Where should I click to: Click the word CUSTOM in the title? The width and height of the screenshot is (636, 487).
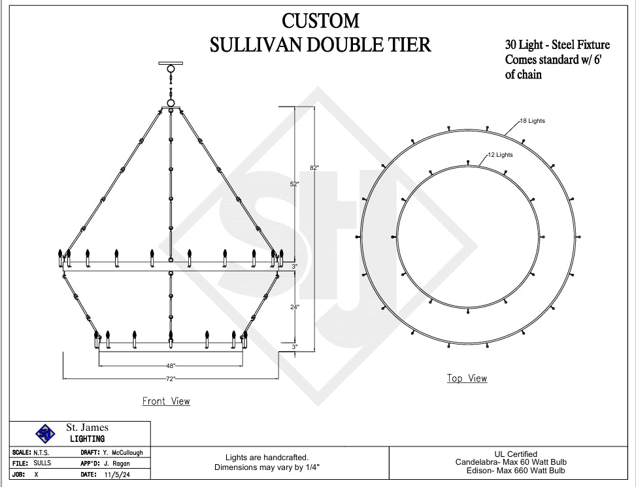pos(320,21)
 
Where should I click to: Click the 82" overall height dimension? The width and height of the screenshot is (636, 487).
pos(314,168)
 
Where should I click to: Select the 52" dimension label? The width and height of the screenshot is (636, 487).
pos(295,184)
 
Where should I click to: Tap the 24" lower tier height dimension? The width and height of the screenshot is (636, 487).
pos(294,307)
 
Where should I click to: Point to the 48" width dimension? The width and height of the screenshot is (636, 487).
pos(171,366)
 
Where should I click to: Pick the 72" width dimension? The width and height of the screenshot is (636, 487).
pos(171,378)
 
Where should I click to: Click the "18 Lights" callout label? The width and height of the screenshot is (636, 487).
pos(532,121)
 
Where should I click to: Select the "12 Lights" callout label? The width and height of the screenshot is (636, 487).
pos(500,155)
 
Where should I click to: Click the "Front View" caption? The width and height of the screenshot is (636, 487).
pos(166,401)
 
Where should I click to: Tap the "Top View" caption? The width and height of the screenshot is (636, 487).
pos(467,378)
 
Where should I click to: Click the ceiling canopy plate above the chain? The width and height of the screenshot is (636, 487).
pos(171,63)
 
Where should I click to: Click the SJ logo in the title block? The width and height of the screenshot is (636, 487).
pos(45,433)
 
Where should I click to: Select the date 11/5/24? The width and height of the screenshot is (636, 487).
pos(112,475)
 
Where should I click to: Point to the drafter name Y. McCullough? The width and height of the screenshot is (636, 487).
pos(123,452)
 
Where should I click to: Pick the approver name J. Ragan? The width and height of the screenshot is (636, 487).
pos(116,463)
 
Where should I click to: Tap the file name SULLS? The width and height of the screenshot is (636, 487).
pos(42,463)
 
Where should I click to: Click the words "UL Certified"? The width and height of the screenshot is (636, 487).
pos(516,454)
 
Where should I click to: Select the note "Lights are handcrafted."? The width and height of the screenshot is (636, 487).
pos(267,458)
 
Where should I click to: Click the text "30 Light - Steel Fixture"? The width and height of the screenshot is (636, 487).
pos(557,45)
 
